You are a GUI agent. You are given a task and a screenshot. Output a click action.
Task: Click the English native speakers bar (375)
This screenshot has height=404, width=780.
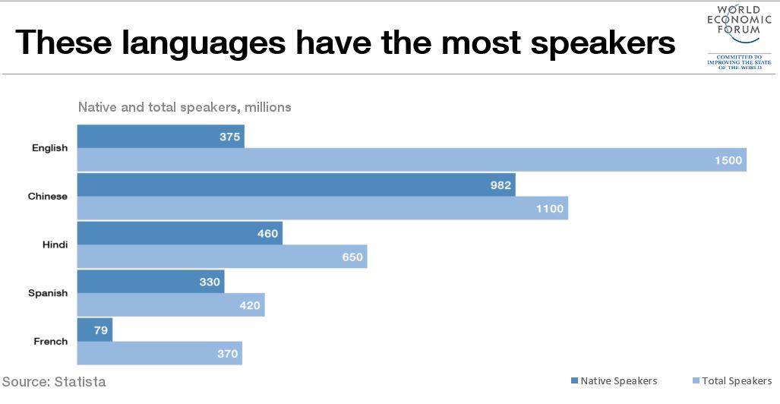click(x=160, y=137)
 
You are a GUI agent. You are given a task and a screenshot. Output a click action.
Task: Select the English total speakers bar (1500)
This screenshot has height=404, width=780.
click(x=411, y=160)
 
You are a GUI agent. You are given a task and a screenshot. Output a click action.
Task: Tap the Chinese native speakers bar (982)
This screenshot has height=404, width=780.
click(x=295, y=185)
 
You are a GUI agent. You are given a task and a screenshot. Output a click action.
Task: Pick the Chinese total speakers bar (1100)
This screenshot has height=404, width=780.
click(x=322, y=208)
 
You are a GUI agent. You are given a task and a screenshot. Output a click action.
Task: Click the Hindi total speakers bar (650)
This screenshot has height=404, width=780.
click(x=222, y=257)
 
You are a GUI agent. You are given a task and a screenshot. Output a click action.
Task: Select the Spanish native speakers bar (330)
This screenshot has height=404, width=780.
click(x=150, y=282)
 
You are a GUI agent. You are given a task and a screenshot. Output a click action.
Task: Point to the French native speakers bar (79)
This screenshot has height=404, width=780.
click(x=94, y=330)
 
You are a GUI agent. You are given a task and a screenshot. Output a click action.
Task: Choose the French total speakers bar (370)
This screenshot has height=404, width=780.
click(x=159, y=353)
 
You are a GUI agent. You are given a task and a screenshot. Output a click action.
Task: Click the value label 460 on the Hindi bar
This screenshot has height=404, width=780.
click(x=267, y=233)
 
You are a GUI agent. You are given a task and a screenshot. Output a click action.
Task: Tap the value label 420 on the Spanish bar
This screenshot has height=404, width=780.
click(x=250, y=306)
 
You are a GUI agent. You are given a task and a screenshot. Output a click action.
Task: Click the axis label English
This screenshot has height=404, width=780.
click(x=49, y=148)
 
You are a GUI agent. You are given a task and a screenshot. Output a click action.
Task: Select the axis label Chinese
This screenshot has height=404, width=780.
click(x=48, y=197)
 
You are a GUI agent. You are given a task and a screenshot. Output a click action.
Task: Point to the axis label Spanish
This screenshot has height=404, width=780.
click(x=48, y=293)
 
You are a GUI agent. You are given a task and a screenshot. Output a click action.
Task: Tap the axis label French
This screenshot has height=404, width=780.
click(x=50, y=342)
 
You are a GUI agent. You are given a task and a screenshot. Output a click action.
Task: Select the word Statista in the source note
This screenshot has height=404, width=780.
click(x=80, y=381)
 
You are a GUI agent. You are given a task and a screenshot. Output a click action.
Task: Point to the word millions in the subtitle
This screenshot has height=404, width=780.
click(x=267, y=107)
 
